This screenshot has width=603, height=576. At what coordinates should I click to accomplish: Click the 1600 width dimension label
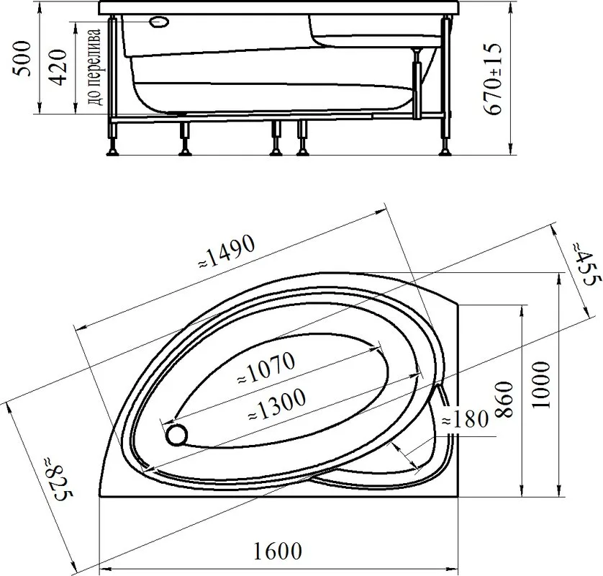click(277, 551)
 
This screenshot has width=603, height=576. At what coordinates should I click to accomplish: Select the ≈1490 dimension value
click(227, 252)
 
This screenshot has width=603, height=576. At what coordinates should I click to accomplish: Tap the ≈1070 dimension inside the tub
click(266, 368)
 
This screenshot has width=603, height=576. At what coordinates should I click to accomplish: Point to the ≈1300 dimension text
click(277, 404)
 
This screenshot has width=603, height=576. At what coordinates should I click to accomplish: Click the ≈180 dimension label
click(465, 419)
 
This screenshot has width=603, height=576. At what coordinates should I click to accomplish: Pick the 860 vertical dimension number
click(504, 400)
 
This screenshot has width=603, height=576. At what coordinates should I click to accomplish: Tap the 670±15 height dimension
click(493, 79)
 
